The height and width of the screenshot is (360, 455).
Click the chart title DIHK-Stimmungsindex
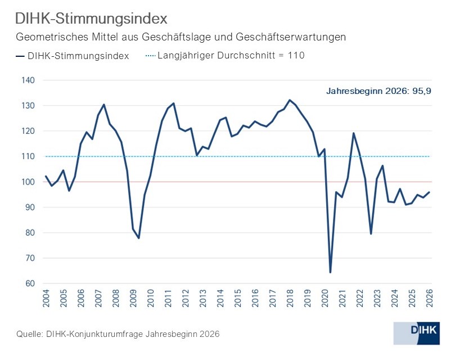pyautogui.click(x=91, y=19)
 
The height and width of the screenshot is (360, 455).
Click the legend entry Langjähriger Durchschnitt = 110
pyautogui.click(x=225, y=55)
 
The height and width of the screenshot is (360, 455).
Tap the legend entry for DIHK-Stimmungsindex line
pyautogui.click(x=73, y=56)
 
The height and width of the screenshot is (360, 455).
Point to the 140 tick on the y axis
pyautogui.click(x=28, y=80)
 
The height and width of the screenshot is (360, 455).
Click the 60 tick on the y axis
pyautogui.click(x=30, y=283)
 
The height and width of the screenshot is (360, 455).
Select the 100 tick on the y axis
pyautogui.click(x=28, y=182)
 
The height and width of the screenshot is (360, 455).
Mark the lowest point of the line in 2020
pyautogui.click(x=330, y=272)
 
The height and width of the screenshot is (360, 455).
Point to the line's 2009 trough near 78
pyautogui.click(x=138, y=238)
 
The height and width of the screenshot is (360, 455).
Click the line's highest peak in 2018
pyautogui.click(x=290, y=100)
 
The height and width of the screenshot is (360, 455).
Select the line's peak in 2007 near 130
pyautogui.click(x=104, y=105)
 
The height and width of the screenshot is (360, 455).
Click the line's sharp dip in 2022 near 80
pyautogui.click(x=371, y=233)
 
